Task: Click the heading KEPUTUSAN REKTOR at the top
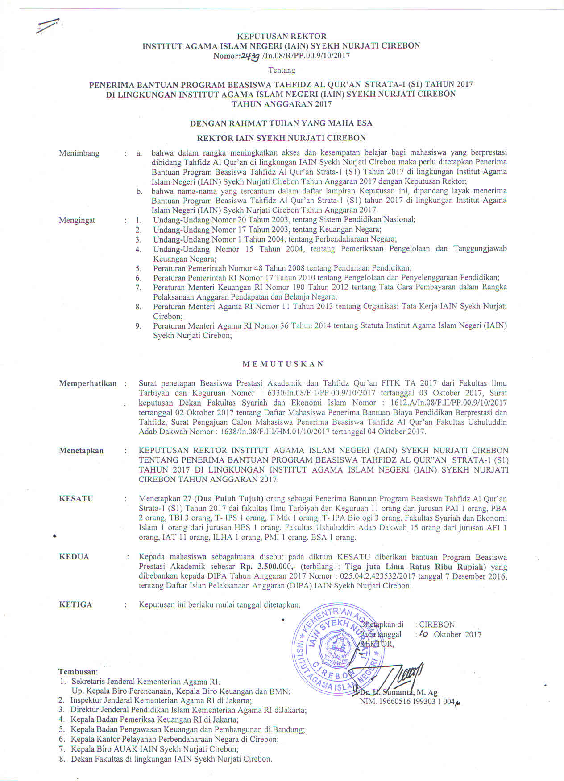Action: tap(282, 36)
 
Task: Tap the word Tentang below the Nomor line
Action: tap(282, 70)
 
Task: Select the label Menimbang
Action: tap(79, 153)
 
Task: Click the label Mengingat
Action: tap(77, 220)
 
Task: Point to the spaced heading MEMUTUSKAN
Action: tap(282, 364)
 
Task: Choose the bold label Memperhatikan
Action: tap(87, 383)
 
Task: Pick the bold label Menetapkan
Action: tap(81, 450)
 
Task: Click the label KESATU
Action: tap(76, 499)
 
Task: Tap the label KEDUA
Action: tap(74, 557)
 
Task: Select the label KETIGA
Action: tap(75, 604)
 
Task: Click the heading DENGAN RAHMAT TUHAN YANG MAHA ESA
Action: tap(281, 123)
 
